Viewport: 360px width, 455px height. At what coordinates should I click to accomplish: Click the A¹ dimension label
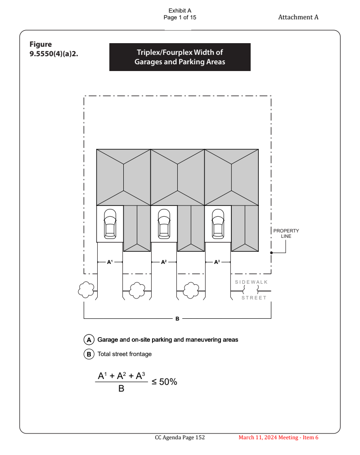[109, 262]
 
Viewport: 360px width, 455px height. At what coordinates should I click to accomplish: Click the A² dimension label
[164, 262]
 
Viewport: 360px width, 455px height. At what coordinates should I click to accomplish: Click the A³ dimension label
[217, 262]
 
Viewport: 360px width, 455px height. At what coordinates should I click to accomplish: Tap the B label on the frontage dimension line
[177, 318]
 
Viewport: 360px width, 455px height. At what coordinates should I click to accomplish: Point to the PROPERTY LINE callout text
[286, 233]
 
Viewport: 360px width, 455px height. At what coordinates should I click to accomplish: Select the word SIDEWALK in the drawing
[251, 282]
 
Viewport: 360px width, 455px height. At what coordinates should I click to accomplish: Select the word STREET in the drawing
[254, 298]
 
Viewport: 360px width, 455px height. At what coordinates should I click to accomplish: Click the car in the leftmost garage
[110, 224]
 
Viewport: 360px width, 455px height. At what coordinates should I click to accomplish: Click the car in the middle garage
[164, 224]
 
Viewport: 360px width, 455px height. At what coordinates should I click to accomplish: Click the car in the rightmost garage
[218, 224]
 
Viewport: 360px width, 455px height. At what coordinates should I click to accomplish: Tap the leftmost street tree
[85, 290]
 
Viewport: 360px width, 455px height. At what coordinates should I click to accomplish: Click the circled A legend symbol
[89, 339]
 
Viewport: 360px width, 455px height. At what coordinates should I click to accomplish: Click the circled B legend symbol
[89, 354]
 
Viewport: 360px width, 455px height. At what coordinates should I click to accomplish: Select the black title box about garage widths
[180, 57]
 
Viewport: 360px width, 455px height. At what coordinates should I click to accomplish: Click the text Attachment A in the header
[298, 17]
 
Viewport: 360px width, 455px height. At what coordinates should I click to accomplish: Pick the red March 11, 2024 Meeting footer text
[278, 437]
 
